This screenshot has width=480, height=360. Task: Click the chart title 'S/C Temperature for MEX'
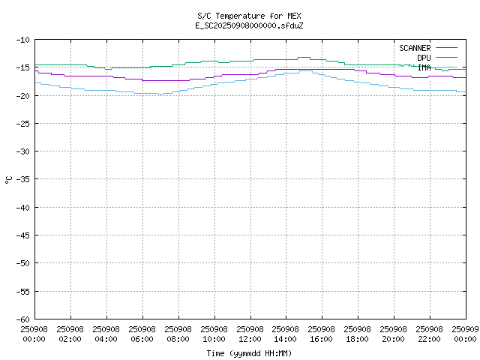pos(249,16)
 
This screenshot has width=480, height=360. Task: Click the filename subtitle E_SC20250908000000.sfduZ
pos(249,25)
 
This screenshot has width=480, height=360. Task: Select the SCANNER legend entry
pos(415,48)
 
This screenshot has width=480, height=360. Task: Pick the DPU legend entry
pos(424,58)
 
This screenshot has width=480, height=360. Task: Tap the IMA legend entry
pos(424,67)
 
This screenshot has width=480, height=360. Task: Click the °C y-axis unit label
pos(8,179)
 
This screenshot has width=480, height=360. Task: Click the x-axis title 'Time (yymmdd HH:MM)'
pos(249,353)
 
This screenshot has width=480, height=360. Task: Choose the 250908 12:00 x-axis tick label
pos(250,334)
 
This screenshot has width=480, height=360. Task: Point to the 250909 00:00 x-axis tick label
pos(465,334)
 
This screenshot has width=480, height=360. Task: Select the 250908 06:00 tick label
pos(142,334)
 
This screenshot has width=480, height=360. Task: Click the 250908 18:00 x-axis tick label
pos(358,334)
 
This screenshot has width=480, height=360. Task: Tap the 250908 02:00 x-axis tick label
pos(70,334)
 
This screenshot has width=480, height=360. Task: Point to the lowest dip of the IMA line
pos(159,94)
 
